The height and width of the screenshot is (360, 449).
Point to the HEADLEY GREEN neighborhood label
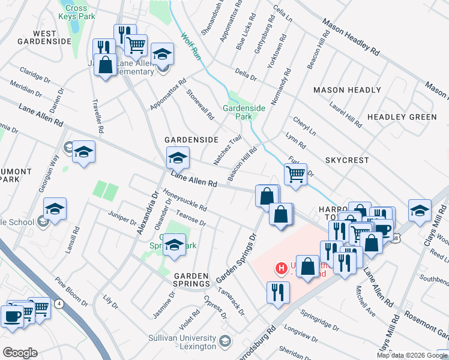[402, 116]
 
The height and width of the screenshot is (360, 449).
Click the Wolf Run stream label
[191, 46]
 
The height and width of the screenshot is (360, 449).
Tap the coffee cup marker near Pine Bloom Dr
[12, 316]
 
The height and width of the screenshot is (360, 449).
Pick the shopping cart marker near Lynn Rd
[295, 175]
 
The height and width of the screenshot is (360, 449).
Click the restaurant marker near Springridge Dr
[277, 292]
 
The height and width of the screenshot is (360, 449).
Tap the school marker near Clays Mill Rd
[420, 210]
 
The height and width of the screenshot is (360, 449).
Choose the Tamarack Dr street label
[232, 302]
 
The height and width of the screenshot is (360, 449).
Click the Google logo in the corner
[20, 353]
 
